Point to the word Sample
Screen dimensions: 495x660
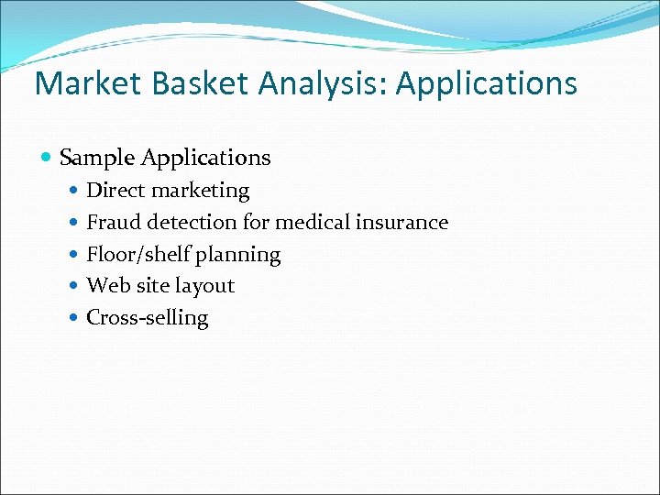pyautogui.click(x=96, y=158)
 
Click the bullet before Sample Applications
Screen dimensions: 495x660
pyautogui.click(x=48, y=159)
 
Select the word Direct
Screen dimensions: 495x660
pyautogui.click(x=115, y=191)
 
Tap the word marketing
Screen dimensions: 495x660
pyautogui.click(x=200, y=191)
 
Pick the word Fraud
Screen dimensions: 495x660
pyautogui.click(x=114, y=222)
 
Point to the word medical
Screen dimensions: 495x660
pyautogui.click(x=310, y=222)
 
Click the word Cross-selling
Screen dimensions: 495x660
pyautogui.click(x=147, y=318)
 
